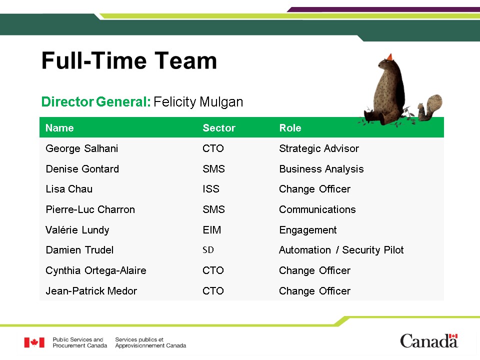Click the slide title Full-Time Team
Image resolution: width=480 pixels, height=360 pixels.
(x=129, y=60)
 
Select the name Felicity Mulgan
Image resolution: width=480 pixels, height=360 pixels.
(x=198, y=102)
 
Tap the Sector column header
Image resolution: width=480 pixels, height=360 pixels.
(x=219, y=127)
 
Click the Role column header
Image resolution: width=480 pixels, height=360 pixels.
(x=290, y=127)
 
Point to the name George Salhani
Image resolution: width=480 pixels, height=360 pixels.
(x=81, y=148)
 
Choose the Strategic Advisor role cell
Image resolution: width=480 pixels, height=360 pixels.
(x=319, y=148)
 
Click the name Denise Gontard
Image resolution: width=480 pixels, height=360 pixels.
(x=82, y=169)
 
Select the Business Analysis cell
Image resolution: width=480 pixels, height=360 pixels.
(x=321, y=169)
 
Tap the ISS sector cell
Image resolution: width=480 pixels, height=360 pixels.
(x=211, y=189)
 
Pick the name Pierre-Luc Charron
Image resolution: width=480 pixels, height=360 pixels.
(x=90, y=209)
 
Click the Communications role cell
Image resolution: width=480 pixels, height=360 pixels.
(x=317, y=209)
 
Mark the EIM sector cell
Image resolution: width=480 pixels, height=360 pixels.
(x=212, y=230)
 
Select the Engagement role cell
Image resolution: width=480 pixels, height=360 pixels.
(x=308, y=230)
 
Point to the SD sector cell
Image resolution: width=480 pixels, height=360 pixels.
(x=208, y=250)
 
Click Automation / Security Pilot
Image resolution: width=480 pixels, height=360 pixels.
(x=341, y=250)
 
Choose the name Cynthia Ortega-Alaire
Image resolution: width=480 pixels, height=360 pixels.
(x=96, y=270)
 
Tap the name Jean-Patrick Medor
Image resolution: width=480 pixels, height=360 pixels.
(x=91, y=291)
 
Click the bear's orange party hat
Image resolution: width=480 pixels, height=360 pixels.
(x=389, y=57)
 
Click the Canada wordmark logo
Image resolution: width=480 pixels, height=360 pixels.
(x=429, y=340)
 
